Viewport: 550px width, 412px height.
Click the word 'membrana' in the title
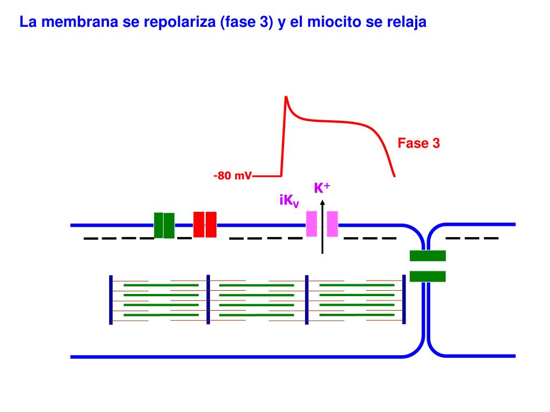coord(68,23)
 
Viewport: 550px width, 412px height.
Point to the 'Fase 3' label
coord(418,143)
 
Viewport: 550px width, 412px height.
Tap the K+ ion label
coord(322,188)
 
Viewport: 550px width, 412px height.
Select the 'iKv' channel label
coord(289,201)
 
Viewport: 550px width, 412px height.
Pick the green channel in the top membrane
coord(164,225)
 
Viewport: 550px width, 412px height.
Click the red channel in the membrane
coord(205,224)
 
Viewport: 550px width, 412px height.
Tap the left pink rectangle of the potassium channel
coord(312,224)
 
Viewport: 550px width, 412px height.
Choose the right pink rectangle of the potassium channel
coord(332,224)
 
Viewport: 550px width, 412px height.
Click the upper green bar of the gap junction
coord(428,256)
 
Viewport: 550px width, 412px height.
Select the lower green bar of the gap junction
coord(428,276)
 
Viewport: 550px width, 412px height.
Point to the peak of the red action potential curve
coord(286,97)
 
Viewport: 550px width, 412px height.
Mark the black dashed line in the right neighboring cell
coord(472,238)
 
